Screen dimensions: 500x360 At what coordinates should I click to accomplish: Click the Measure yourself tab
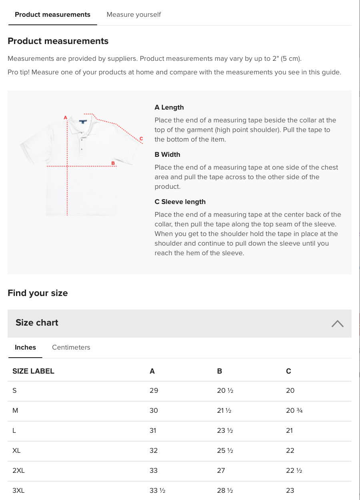(134, 15)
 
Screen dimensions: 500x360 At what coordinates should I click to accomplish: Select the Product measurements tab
(52, 15)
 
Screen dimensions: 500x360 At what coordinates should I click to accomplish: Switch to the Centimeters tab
(71, 347)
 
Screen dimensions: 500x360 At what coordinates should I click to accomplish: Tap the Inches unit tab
(25, 347)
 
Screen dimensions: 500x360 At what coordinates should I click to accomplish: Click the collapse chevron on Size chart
(337, 324)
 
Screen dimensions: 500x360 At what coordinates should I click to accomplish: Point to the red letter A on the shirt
(65, 118)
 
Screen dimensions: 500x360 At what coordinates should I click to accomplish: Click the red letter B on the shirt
(113, 163)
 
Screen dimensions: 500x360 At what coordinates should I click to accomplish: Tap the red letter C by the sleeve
(141, 139)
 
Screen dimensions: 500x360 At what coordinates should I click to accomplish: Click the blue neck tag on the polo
(83, 121)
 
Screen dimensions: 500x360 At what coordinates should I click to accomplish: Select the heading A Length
(169, 107)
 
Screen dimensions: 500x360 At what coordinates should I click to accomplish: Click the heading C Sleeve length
(180, 202)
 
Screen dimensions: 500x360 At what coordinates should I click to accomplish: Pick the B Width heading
(167, 154)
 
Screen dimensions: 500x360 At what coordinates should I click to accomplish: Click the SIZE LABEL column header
(33, 371)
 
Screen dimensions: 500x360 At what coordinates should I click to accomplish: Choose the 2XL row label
(18, 470)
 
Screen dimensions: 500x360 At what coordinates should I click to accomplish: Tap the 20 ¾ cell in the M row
(294, 410)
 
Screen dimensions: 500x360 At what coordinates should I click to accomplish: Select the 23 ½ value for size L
(225, 430)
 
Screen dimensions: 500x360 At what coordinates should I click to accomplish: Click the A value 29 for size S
(154, 390)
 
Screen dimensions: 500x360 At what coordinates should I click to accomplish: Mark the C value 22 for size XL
(290, 450)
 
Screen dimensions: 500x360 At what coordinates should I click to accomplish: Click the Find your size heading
(38, 293)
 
